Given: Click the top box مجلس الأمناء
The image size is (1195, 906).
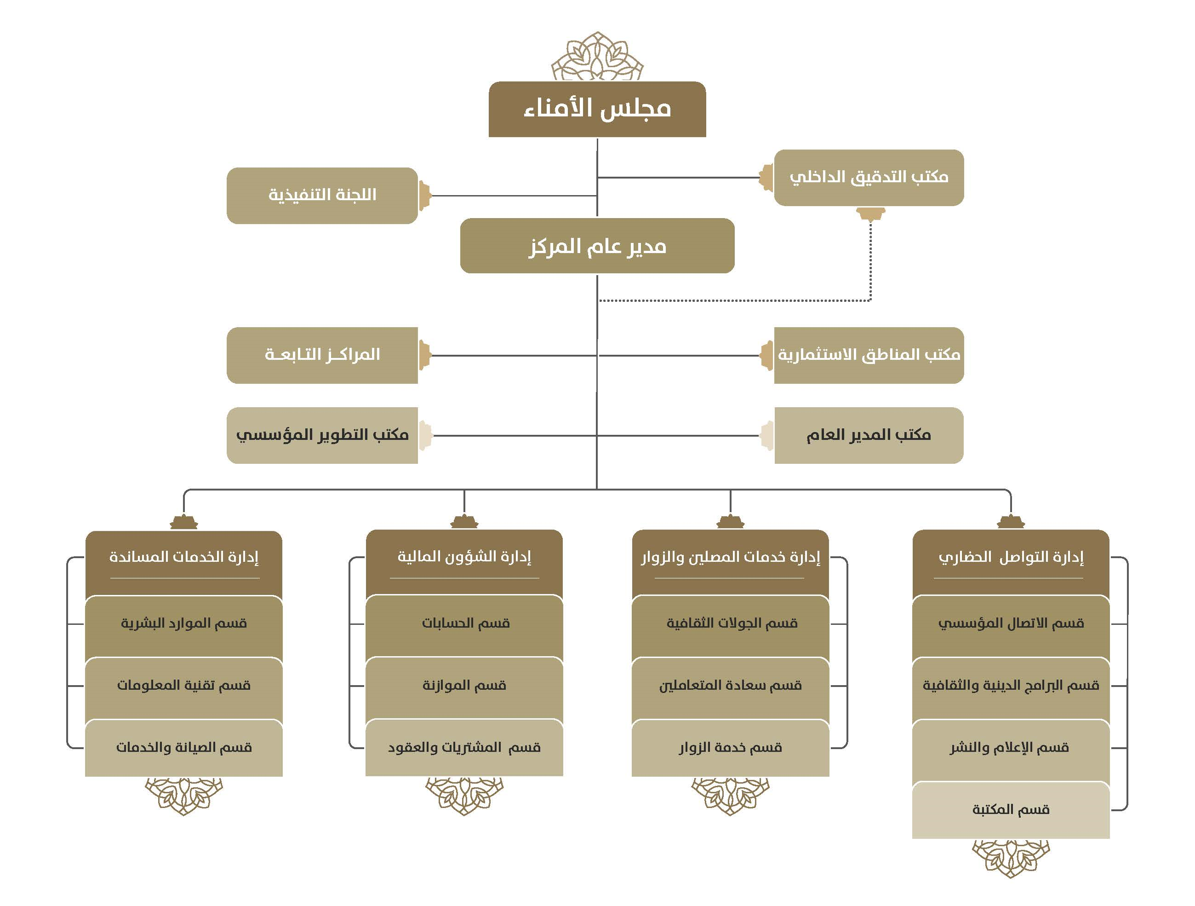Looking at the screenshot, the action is point(597,109).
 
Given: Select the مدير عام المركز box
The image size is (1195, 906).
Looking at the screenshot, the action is point(597,246).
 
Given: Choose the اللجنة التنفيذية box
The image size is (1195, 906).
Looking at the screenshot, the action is point(322,196).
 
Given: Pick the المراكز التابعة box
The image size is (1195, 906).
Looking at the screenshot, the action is point(322,355).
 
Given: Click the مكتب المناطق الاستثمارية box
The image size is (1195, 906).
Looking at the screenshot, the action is point(869,355).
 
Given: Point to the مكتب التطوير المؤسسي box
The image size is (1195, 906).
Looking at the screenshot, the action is point(322,435).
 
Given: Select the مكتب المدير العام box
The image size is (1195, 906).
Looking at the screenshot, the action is point(869,435).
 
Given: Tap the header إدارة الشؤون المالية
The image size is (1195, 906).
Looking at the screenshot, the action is point(464,563).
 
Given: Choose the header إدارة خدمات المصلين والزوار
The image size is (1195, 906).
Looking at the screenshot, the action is point(731,563).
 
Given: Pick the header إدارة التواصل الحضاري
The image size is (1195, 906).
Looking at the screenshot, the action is point(1011,563).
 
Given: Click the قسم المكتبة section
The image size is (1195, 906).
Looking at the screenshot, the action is point(1011,810).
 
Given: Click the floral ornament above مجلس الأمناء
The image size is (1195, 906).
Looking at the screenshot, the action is point(597,57).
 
